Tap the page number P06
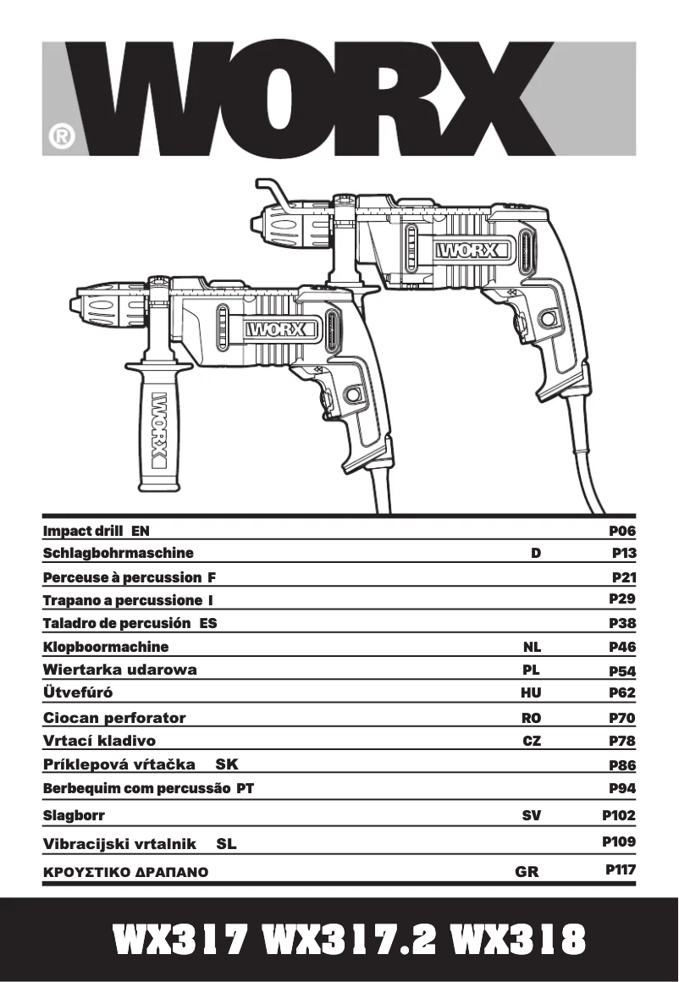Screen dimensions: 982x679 622,531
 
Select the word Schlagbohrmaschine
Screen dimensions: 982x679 118,553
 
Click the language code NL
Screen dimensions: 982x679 532,647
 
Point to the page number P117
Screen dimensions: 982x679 621,869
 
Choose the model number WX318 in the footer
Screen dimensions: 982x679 517,939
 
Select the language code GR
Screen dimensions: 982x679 527,870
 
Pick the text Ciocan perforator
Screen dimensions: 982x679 114,718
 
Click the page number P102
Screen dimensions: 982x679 619,816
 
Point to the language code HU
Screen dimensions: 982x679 531,692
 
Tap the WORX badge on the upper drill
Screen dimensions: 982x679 473,251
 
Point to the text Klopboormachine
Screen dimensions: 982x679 106,647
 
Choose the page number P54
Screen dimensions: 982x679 622,671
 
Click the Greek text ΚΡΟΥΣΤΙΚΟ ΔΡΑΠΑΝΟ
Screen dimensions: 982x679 125,870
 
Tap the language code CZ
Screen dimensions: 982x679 532,741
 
